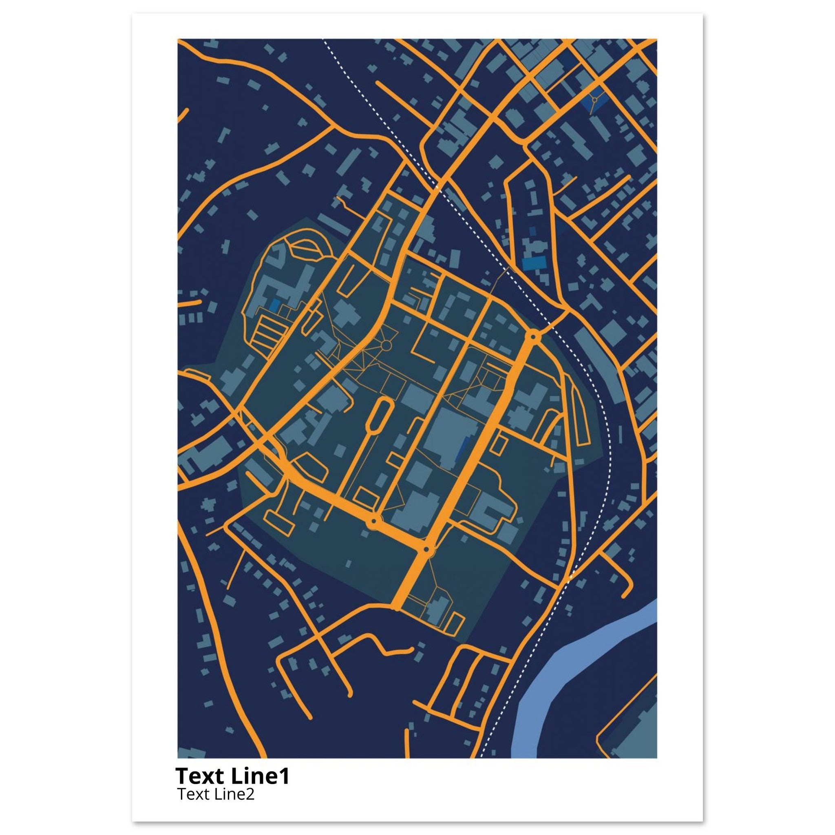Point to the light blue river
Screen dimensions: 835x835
click(x=557, y=674)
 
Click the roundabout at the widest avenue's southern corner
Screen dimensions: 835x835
click(x=427, y=549)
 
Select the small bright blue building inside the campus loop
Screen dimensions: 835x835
click(x=274, y=305)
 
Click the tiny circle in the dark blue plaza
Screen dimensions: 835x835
click(x=595, y=100)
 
